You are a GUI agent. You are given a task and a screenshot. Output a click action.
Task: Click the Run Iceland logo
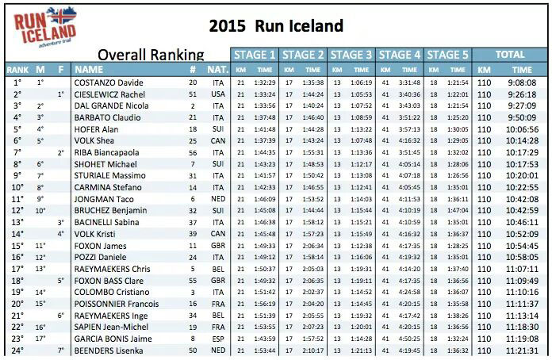[45, 27]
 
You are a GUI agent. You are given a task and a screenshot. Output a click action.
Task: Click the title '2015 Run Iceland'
[276, 25]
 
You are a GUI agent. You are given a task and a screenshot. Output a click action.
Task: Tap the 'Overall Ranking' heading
[151, 55]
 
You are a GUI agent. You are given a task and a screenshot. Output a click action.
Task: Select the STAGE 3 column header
[351, 55]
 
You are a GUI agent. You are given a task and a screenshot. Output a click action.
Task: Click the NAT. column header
[217, 69]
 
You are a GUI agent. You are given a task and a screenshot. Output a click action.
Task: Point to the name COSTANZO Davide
[109, 82]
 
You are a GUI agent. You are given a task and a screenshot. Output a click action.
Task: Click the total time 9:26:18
[522, 94]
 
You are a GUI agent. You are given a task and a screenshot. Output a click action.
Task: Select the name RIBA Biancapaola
[106, 152]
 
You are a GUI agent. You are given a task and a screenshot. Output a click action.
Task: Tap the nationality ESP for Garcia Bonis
[218, 339]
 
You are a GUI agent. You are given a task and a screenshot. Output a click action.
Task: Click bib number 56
[193, 152]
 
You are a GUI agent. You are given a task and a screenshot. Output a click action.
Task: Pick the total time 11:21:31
[522, 350]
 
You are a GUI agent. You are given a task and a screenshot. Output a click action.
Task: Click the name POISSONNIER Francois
[116, 304]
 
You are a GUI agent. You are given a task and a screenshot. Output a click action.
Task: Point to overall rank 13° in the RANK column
[17, 222]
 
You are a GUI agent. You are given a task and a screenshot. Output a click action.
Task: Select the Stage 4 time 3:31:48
[409, 82]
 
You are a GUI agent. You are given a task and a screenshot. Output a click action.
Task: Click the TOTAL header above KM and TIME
[510, 55]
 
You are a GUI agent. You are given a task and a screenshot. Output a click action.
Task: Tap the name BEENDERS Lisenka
[109, 350]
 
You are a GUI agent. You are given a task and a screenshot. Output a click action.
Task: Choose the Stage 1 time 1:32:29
[265, 82]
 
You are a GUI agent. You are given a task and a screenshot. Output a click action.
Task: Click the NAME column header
[89, 69]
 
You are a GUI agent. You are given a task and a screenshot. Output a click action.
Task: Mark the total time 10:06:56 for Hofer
[522, 129]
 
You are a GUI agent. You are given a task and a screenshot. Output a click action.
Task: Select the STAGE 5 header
[447, 55]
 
